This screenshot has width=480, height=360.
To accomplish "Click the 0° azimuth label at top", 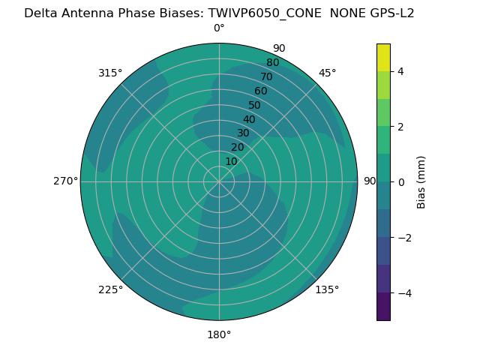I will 219,28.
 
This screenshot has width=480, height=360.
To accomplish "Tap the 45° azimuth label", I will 327,73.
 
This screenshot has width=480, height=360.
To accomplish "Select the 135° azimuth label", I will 327,289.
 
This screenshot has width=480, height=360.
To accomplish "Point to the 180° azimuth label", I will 219,334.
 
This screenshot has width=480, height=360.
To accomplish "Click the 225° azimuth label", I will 110,289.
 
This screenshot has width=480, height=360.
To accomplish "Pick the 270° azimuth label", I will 65,181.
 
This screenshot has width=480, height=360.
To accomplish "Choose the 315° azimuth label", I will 110,73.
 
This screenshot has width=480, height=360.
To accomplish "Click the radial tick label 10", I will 231,162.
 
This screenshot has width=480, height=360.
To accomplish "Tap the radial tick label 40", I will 249,120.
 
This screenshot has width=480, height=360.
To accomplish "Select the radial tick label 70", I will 266,77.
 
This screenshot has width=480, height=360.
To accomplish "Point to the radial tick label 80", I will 272,63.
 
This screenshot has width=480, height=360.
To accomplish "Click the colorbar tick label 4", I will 400,71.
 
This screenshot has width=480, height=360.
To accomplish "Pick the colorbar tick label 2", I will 400,127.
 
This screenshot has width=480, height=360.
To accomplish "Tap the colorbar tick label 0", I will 400,182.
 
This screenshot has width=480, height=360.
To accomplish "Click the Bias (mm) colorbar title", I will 421,182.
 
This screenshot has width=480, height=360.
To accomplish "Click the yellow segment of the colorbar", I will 383,58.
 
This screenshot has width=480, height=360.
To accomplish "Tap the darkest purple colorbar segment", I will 383,307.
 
